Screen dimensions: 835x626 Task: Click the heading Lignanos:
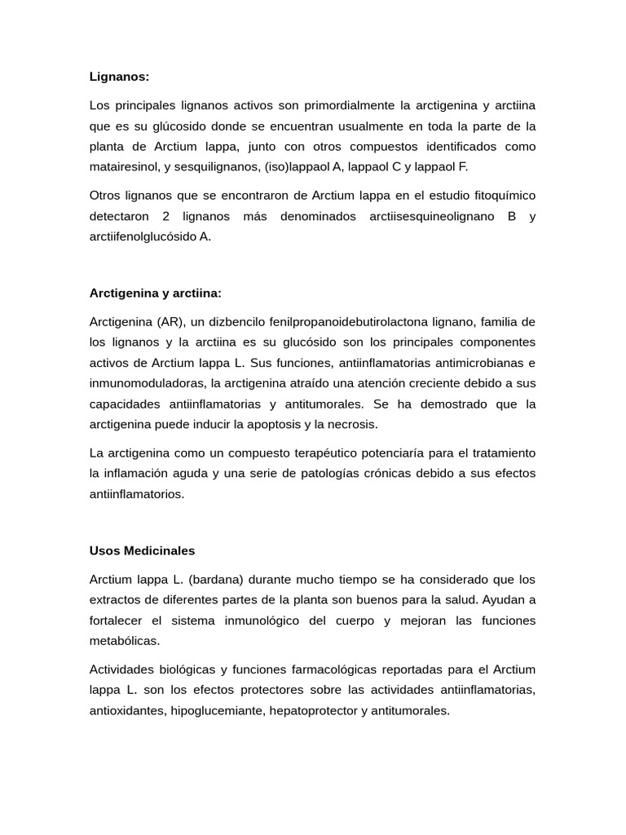click(119, 77)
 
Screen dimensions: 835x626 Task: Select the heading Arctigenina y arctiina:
click(155, 293)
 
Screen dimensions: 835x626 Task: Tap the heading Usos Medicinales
click(142, 550)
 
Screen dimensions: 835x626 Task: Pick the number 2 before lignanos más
click(165, 217)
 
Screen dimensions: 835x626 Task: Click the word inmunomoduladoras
click(146, 383)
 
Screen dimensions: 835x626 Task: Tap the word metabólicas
click(125, 641)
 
